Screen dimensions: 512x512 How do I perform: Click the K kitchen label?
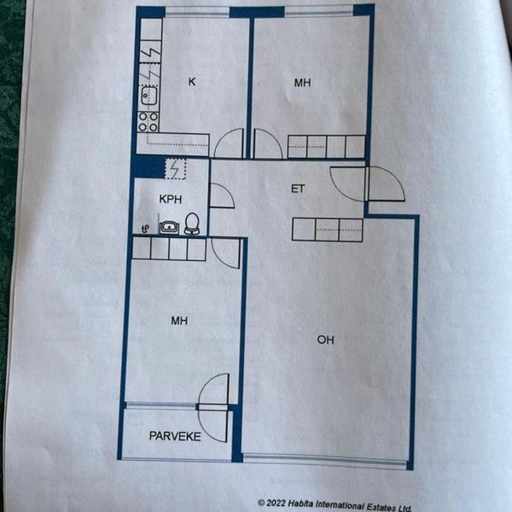pyautogui.click(x=192, y=82)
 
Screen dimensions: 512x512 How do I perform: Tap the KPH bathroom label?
pyautogui.click(x=171, y=199)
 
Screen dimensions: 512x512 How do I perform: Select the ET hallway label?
pyautogui.click(x=298, y=189)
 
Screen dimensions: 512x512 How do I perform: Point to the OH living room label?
pyautogui.click(x=326, y=340)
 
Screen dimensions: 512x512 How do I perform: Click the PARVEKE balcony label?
pyautogui.click(x=175, y=436)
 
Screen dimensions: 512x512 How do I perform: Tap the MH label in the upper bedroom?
pyautogui.click(x=302, y=83)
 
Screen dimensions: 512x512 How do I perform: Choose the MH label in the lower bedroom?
pyautogui.click(x=179, y=321)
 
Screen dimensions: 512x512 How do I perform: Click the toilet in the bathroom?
pyautogui.click(x=192, y=224)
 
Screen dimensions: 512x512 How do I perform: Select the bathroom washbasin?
pyautogui.click(x=169, y=227)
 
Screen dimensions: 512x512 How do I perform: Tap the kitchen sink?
pyautogui.click(x=148, y=96)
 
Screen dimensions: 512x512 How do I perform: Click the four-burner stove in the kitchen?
pyautogui.click(x=148, y=121)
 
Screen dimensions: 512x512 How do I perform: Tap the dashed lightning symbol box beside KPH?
pyautogui.click(x=175, y=168)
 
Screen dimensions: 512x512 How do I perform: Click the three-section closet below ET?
pyautogui.click(x=328, y=230)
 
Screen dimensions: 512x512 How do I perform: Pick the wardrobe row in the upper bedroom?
pyautogui.click(x=326, y=147)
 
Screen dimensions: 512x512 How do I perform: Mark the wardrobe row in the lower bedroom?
pyautogui.click(x=169, y=249)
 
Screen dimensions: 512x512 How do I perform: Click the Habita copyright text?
pyautogui.click(x=335, y=505)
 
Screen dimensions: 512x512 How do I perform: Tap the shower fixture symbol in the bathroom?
pyautogui.click(x=146, y=229)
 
